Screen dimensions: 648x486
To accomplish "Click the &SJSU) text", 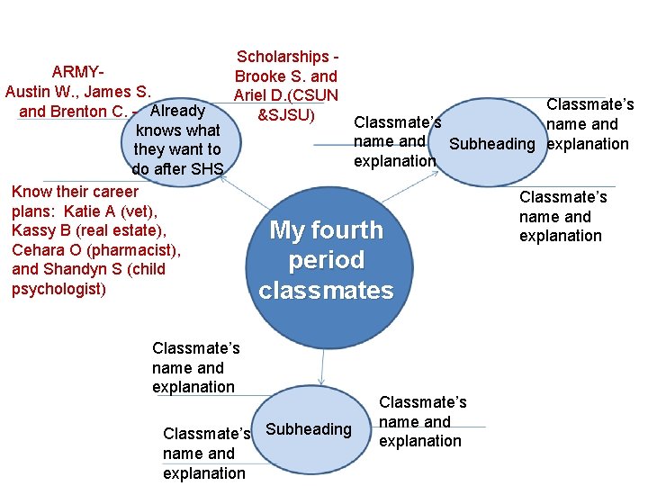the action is click(286, 115).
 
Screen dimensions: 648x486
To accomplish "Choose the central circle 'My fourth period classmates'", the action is click(326, 260).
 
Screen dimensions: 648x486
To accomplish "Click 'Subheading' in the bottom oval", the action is click(309, 429).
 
